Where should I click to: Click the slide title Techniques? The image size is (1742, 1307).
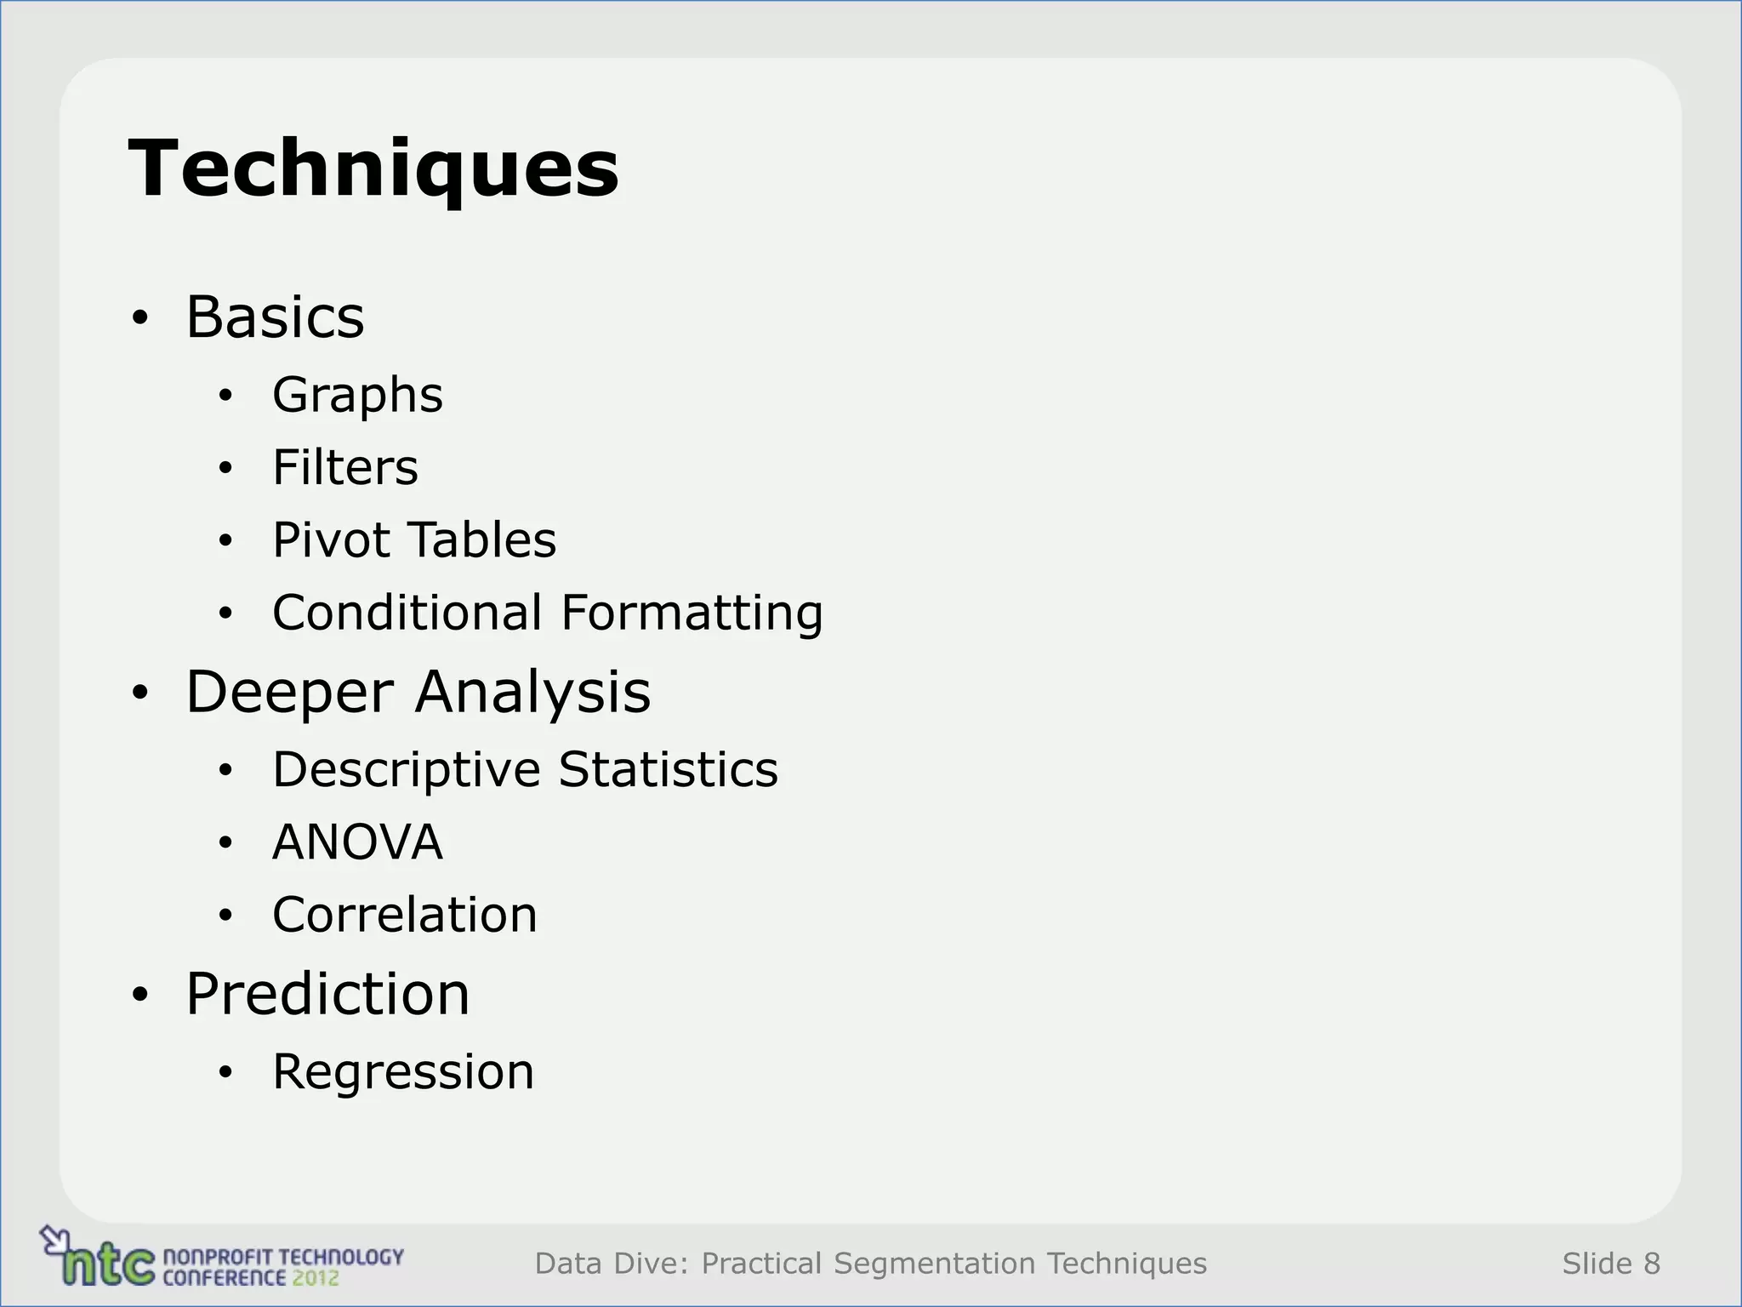(373, 168)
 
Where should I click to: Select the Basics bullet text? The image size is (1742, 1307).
(275, 317)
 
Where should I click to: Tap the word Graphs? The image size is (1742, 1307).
(357, 396)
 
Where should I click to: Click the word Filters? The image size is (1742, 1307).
(345, 467)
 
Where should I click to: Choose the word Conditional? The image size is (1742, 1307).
(407, 613)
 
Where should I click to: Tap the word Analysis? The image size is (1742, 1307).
(532, 693)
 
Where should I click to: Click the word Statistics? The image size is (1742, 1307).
(668, 769)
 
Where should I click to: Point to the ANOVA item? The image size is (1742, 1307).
(357, 842)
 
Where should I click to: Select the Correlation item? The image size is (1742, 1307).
(405, 915)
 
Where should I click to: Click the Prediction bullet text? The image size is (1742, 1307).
(327, 994)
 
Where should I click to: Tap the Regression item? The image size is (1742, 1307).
(403, 1072)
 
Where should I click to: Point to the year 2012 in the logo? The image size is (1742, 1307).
(315, 1277)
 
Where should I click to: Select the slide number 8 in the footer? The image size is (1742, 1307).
(1651, 1264)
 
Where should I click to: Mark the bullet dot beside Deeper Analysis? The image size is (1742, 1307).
(140, 693)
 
